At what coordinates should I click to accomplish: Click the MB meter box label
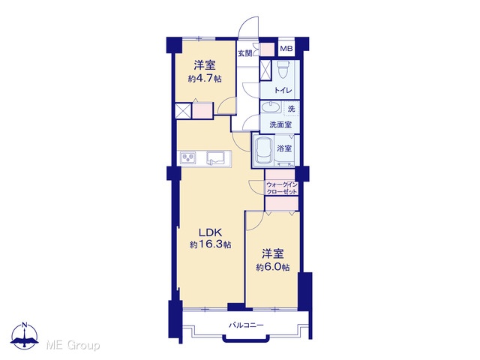pos(286,48)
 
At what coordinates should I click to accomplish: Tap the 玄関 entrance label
pos(245,53)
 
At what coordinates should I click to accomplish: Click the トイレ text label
pos(283,90)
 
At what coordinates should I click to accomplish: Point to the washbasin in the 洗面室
pos(270,108)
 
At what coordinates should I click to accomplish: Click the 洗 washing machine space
pos(292,108)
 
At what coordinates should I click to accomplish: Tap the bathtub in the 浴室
pos(265,151)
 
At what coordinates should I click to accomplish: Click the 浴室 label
pos(284,148)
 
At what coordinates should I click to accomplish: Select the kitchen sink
pos(215,158)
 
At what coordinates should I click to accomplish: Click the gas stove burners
pos(188,158)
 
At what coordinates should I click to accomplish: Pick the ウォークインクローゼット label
pos(282,188)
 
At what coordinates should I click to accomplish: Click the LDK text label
pos(210,232)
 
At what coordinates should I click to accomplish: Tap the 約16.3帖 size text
pos(210,244)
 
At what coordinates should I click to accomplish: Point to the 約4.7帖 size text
pos(205,79)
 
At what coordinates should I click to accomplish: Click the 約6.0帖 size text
pos(272,267)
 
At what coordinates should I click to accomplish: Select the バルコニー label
pos(246,325)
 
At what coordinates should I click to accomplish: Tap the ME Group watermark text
pos(73,345)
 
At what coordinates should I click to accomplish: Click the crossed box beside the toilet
pos(265,70)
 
